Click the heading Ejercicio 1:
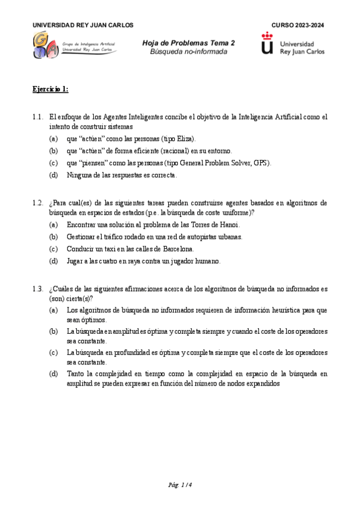click(x=50, y=89)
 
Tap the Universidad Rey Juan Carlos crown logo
click(x=267, y=44)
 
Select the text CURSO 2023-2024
click(x=297, y=25)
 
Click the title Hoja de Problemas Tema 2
click(x=189, y=43)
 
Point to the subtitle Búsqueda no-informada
click(x=189, y=52)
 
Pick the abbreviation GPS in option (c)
click(x=261, y=162)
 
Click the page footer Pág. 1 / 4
click(x=180, y=484)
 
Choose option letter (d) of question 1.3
click(x=54, y=373)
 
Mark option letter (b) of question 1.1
click(x=54, y=151)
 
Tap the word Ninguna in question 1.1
click(x=79, y=174)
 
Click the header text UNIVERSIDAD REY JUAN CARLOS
click(x=83, y=25)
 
